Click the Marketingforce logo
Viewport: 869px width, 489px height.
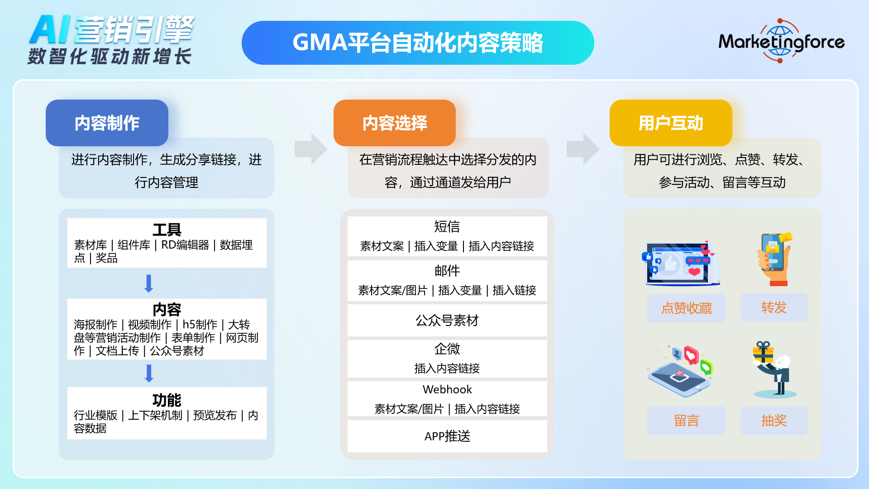pos(781,41)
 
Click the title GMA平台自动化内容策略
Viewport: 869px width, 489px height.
pos(418,43)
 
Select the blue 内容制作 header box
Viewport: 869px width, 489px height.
pos(107,123)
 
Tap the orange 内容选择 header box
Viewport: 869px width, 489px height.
pos(395,123)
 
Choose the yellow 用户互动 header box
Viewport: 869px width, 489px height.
pos(671,123)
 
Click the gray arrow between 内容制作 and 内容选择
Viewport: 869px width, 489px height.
pos(310,149)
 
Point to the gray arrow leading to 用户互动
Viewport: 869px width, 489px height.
pos(583,149)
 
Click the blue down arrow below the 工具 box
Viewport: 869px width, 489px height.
pos(148,283)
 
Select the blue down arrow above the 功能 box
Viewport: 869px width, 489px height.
pos(148,373)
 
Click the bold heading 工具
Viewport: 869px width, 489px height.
pos(167,230)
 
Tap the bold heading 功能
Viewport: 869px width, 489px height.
pos(167,400)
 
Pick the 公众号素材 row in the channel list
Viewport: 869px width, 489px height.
pos(447,320)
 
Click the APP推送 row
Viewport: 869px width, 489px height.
pos(447,436)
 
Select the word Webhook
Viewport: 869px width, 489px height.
pos(447,389)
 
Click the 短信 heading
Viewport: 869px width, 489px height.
pos(447,226)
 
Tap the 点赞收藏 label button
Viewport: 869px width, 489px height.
pos(686,308)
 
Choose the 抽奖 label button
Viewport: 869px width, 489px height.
pos(774,420)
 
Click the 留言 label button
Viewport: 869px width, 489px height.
pos(686,420)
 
